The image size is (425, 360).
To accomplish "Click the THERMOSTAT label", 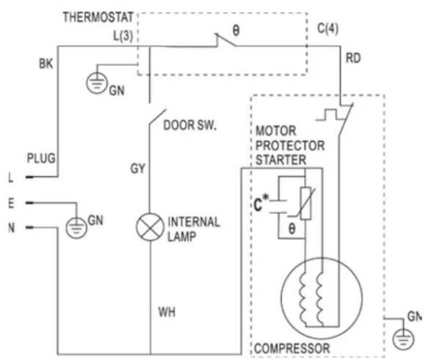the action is coord(98,17).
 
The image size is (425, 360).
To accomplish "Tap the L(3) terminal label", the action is coord(123,35).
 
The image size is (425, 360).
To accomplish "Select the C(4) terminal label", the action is coord(328,29).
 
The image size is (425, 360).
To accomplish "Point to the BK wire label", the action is coord(46,64).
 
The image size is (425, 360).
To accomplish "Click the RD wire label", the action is coord(353,58).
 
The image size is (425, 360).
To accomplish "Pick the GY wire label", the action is coord(137,169).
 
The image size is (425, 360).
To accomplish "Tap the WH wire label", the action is coord(167,312).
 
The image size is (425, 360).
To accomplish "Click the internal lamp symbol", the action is coord(150,227).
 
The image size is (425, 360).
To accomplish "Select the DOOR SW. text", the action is coord(190,125).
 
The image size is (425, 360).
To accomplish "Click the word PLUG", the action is coord(41,158).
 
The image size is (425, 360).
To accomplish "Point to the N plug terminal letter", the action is coord(12,228).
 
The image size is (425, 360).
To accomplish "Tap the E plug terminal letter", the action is coord(11,203).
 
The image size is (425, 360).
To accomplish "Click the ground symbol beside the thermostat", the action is coord(97,83).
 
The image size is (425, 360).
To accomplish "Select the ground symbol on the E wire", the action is coord(76,228).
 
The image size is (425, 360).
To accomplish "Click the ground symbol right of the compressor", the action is coord(403,340).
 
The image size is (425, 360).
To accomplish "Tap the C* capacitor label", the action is coord(261,203).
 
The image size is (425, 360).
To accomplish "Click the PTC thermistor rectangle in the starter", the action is coord(305,203).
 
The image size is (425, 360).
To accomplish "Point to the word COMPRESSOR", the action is coord(292,348).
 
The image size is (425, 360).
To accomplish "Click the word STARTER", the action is coord(281,160).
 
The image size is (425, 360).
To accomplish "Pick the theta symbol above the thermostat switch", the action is coord(236,30).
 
